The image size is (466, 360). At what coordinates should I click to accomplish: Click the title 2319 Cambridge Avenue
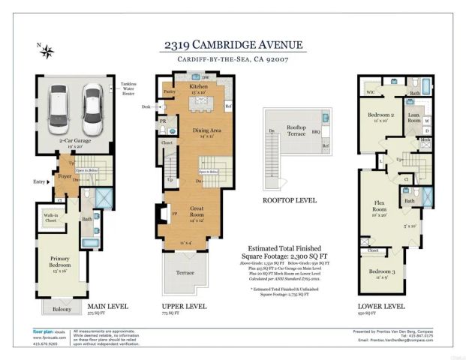(x=233, y=44)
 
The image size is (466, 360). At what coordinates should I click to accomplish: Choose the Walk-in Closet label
(x=51, y=217)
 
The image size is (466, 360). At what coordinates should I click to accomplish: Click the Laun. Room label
(x=414, y=118)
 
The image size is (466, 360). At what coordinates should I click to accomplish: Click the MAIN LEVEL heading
(x=107, y=306)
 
